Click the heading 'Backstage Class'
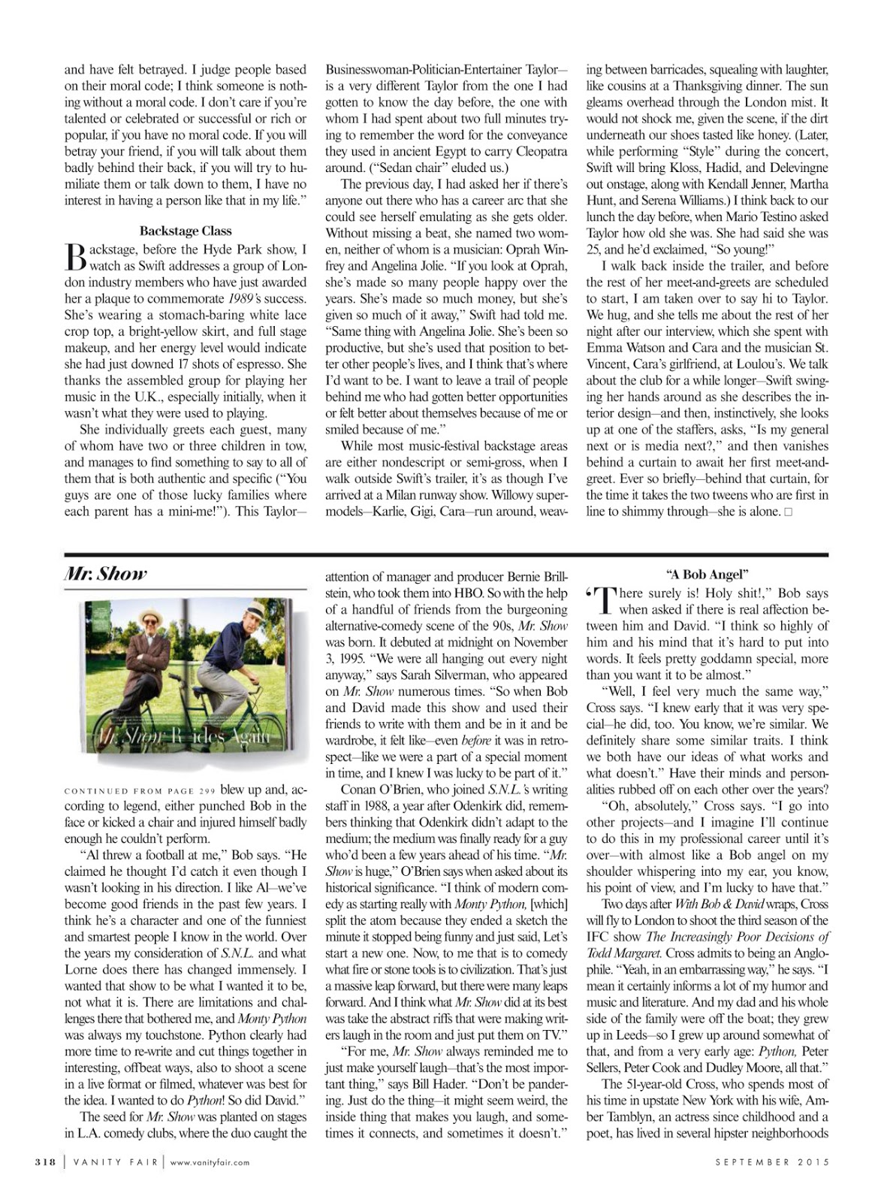click(186, 231)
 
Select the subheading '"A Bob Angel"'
click(708, 575)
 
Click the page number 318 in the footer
click(46, 1162)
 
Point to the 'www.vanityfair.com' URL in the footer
click(210, 1162)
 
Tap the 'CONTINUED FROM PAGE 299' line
click(140, 790)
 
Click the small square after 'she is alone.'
click(787, 512)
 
